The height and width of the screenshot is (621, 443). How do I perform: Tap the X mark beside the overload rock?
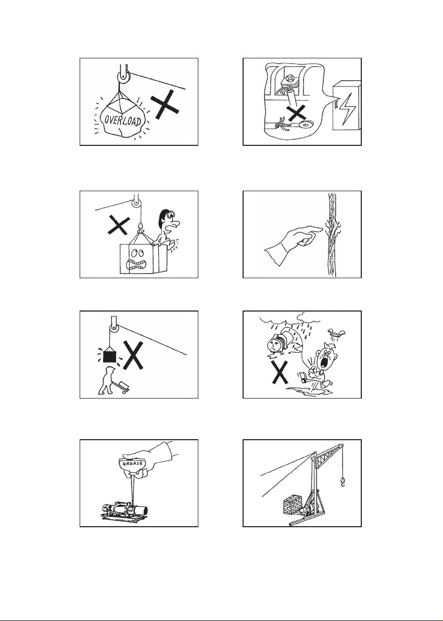click(164, 104)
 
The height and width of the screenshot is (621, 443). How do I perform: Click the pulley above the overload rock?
click(124, 77)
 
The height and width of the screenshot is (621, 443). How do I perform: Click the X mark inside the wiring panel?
click(297, 113)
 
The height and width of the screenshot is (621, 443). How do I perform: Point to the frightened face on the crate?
click(136, 259)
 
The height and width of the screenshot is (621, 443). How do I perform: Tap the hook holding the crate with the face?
click(140, 228)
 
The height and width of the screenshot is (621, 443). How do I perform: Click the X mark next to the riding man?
click(118, 225)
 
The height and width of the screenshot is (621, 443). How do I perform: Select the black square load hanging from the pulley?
click(109, 356)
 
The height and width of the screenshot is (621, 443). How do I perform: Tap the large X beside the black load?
click(133, 355)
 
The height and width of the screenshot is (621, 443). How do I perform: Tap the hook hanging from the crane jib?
click(342, 481)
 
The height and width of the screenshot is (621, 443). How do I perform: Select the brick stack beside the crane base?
click(292, 505)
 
